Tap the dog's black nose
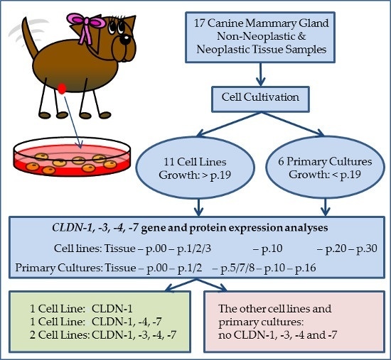pyautogui.click(x=124, y=39)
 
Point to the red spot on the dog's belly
pyautogui.click(x=62, y=89)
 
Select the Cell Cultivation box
pyautogui.click(x=260, y=99)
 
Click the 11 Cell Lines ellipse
pyautogui.click(x=195, y=168)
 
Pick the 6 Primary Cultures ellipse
pyautogui.click(x=325, y=167)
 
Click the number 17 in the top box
pyautogui.click(x=200, y=23)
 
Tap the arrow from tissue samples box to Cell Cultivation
pyautogui.click(x=260, y=75)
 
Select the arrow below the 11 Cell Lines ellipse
pyautogui.click(x=198, y=207)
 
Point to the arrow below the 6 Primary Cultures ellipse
pyautogui.click(x=325, y=207)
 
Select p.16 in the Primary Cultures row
pyautogui.click(x=306, y=268)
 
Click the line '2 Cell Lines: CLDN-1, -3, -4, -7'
pyautogui.click(x=103, y=335)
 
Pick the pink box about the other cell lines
pyautogui.click(x=294, y=322)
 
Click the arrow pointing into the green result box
pyautogui.click(x=181, y=285)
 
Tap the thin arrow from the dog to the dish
pyautogui.click(x=73, y=122)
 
